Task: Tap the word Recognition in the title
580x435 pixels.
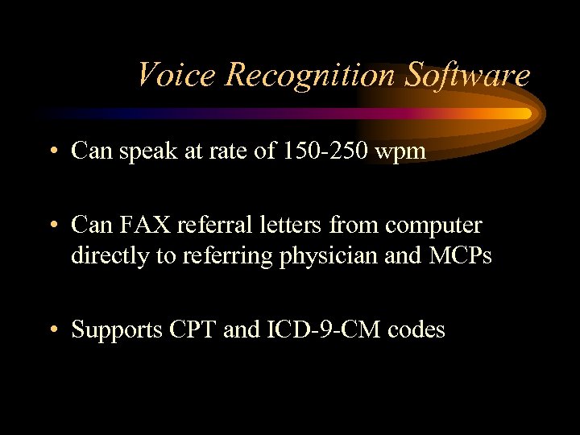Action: [311, 75]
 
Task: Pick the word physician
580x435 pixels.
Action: [334, 256]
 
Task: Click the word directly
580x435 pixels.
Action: [106, 256]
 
